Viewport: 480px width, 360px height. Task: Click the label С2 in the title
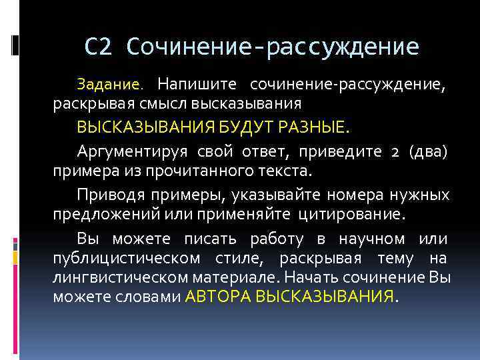tap(100, 47)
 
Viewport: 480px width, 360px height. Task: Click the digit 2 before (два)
tap(395, 150)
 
